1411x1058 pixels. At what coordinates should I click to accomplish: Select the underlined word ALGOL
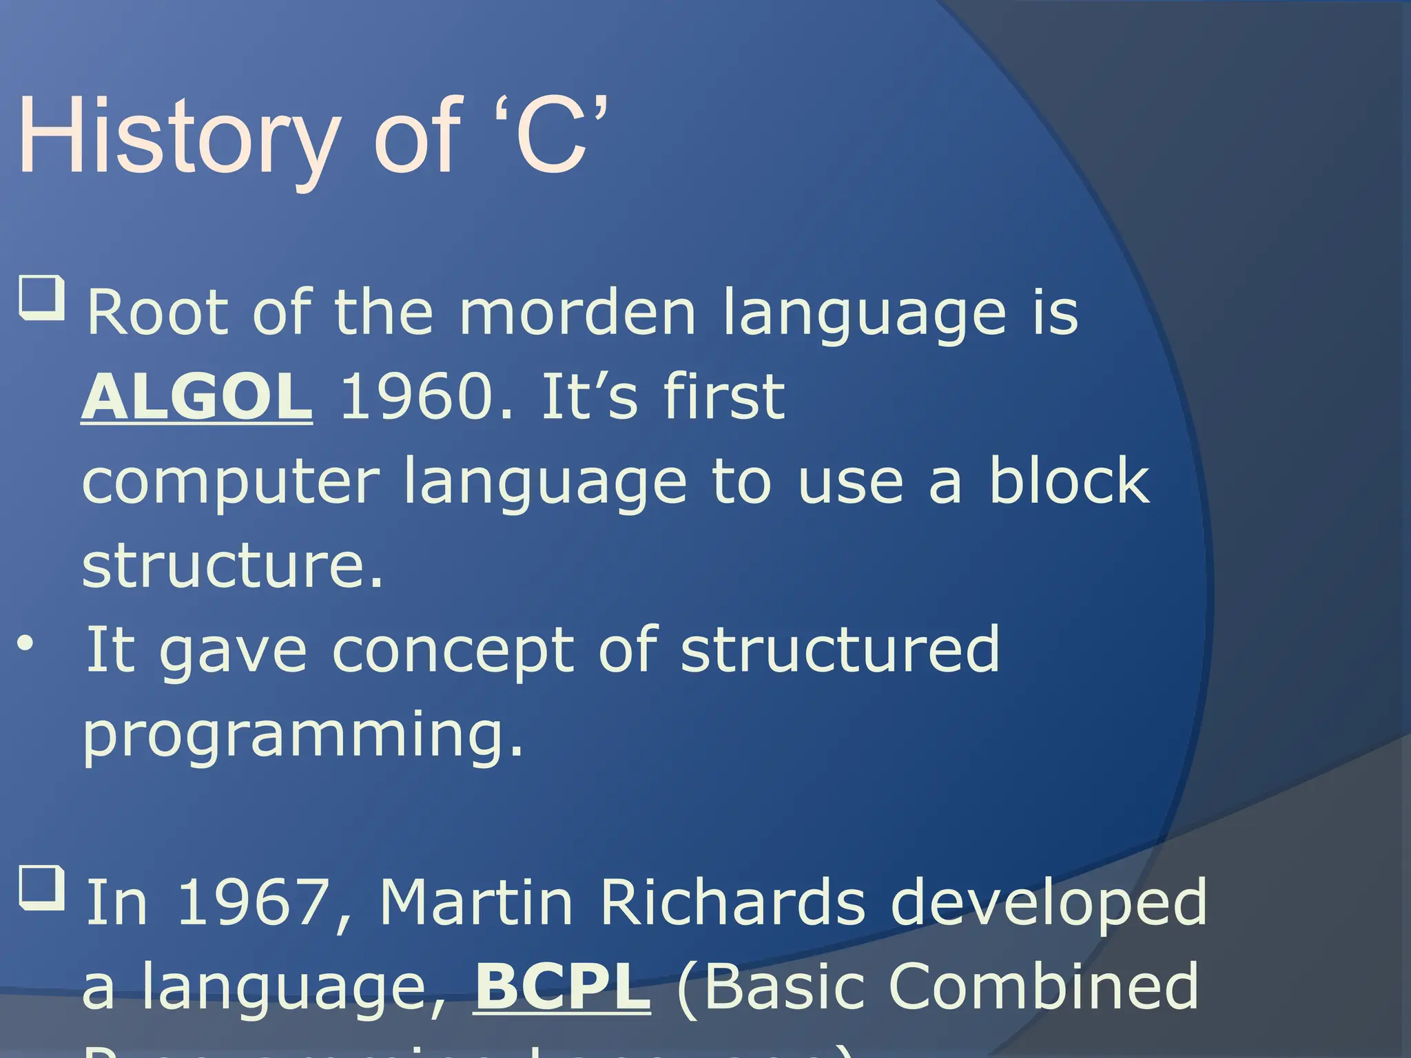click(197, 397)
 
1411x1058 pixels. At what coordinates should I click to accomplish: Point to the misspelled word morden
click(577, 313)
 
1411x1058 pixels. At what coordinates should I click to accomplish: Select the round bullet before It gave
click(25, 645)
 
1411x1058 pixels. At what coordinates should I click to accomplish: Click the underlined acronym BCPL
click(562, 986)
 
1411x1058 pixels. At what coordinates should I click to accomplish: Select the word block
click(1069, 481)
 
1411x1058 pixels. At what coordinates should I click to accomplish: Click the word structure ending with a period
click(231, 566)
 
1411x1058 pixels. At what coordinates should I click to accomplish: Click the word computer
click(230, 481)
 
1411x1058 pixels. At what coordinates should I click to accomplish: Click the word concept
click(453, 651)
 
